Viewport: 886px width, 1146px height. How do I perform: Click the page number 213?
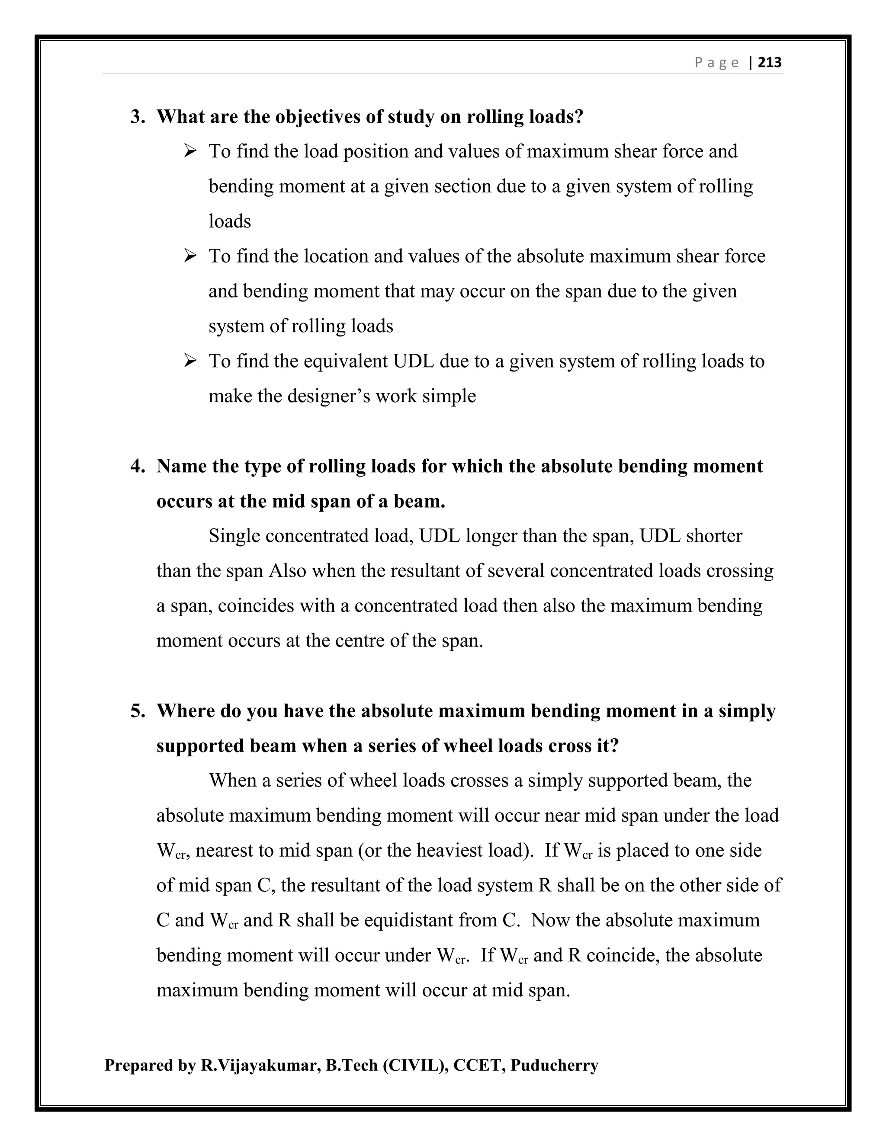click(x=770, y=62)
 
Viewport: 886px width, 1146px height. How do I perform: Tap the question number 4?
click(x=138, y=466)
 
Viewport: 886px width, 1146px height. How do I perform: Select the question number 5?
click(x=138, y=711)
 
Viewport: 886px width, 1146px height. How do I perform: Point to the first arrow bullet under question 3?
click(x=190, y=151)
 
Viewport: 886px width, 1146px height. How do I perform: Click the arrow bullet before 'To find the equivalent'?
click(x=190, y=361)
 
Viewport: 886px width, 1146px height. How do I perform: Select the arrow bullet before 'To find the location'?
click(x=190, y=256)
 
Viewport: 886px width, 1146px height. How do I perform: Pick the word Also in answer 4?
click(x=287, y=571)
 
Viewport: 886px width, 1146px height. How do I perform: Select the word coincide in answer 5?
click(x=623, y=955)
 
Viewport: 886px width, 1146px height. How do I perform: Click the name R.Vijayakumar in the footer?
click(x=260, y=1065)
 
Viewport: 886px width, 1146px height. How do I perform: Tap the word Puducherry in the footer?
click(x=554, y=1065)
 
